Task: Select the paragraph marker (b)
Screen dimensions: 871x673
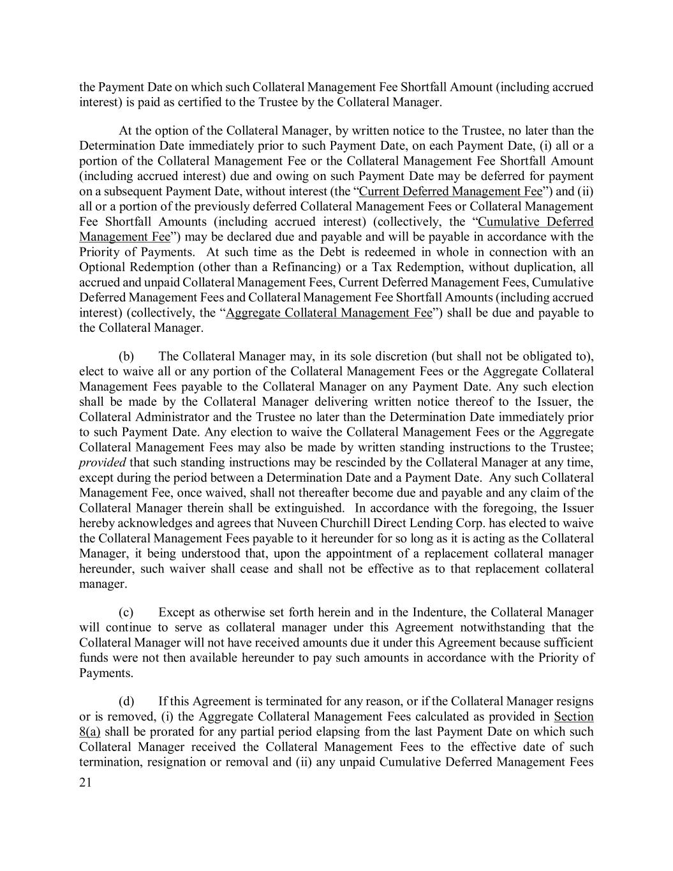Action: point(126,355)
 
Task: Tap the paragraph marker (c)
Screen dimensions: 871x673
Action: point(126,612)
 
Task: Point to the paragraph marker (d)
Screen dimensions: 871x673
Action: point(126,701)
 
